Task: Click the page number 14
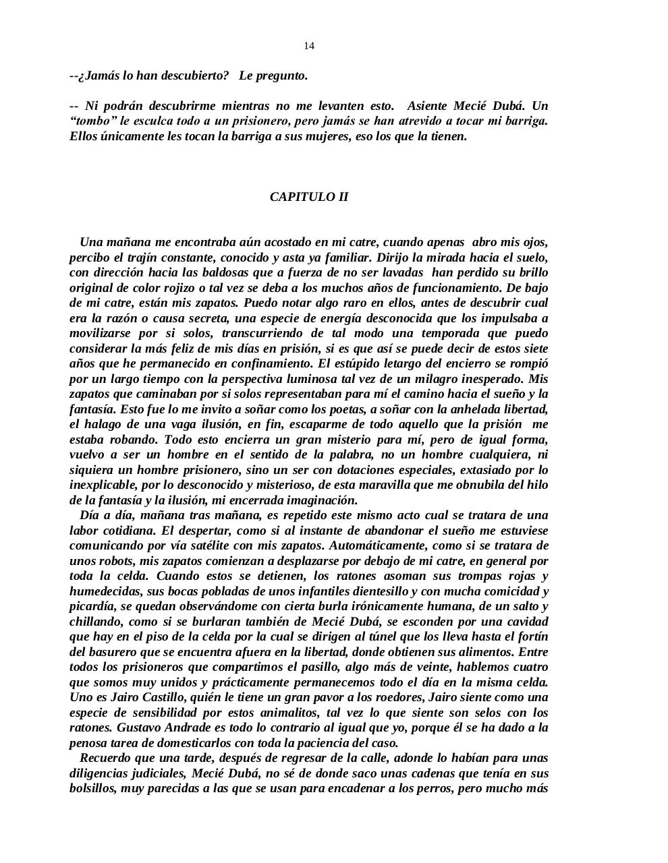[308, 46]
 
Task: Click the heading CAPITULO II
[309, 197]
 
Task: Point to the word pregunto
[283, 76]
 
